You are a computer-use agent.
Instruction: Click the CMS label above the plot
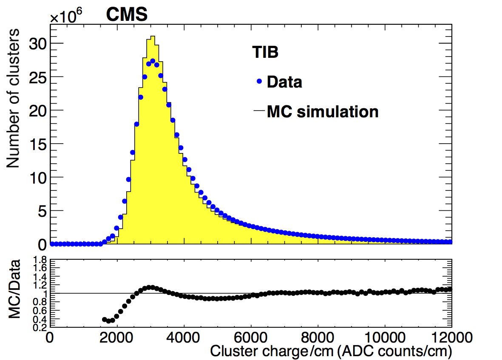(126, 15)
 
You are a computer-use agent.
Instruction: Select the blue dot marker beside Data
(259, 81)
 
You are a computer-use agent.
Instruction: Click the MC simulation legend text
(322, 112)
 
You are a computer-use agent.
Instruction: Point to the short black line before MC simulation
(259, 112)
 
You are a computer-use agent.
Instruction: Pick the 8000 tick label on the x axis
(318, 338)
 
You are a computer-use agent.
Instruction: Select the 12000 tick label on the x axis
(451, 338)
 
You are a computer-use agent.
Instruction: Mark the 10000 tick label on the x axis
(385, 338)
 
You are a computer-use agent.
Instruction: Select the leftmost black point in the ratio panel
(105, 319)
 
